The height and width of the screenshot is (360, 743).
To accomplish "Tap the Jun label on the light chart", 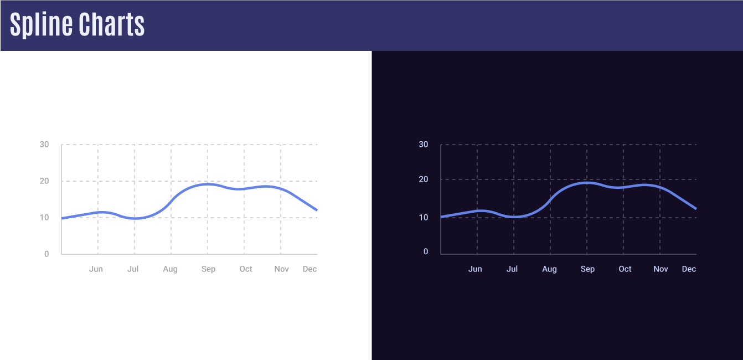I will pyautogui.click(x=96, y=269).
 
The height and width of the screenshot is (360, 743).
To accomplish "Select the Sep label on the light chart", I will pyautogui.click(x=208, y=269).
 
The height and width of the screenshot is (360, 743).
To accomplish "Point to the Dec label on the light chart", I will pyautogui.click(x=309, y=269).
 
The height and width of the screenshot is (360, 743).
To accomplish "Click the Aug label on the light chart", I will pyautogui.click(x=171, y=269).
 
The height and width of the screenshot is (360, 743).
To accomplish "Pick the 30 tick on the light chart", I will pyautogui.click(x=44, y=145).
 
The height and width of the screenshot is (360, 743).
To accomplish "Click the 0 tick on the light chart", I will pyautogui.click(x=47, y=254).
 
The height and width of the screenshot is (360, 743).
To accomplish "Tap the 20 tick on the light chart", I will pyautogui.click(x=44, y=181).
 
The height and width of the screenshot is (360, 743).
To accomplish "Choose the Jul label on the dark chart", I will pyautogui.click(x=512, y=269).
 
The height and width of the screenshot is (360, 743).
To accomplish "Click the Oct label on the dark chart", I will pyautogui.click(x=625, y=269).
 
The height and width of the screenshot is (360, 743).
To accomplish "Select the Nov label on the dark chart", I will pyautogui.click(x=661, y=269).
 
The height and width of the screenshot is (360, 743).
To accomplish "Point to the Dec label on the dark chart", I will pyautogui.click(x=689, y=269).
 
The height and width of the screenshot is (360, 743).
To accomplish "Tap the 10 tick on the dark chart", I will pyautogui.click(x=424, y=218).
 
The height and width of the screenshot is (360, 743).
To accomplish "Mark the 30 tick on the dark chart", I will pyautogui.click(x=424, y=145).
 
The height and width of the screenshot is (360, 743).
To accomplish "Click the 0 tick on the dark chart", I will pyautogui.click(x=426, y=252).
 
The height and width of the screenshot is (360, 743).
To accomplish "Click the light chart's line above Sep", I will pyautogui.click(x=208, y=184).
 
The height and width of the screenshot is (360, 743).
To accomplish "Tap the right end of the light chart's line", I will pyautogui.click(x=316, y=210).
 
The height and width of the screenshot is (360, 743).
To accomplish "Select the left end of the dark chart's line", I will pyautogui.click(x=441, y=217).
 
